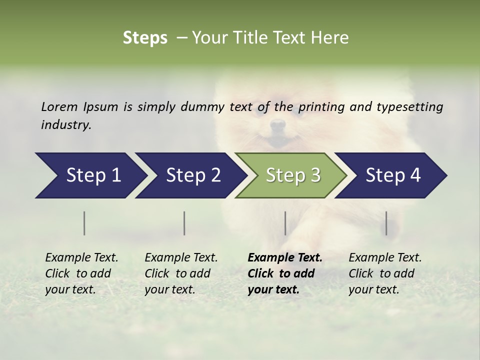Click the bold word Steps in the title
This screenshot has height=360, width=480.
pos(145,38)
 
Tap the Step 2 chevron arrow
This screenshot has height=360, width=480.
pos(190,175)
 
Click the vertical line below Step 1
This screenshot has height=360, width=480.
pos(84,223)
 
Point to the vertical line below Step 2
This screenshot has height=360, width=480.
pos(184,223)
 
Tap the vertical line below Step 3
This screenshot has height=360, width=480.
pos(285,223)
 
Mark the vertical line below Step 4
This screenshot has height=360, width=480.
pos(386,223)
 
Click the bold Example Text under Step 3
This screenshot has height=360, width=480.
pos(285,258)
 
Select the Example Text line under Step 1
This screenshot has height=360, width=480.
pos(81,258)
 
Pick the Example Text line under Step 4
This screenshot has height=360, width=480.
pos(385,258)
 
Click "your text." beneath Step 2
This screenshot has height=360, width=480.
pos(169,289)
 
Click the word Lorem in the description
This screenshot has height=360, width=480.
pos(59,107)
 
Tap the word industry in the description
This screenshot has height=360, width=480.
pos(65,125)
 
